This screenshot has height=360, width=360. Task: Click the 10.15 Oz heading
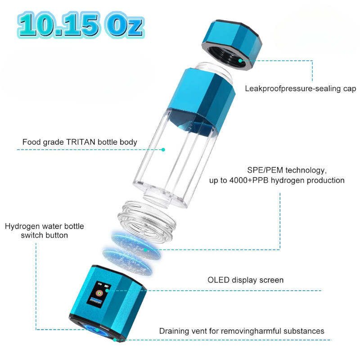(x=81, y=25)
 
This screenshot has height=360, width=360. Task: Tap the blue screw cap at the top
(x=232, y=44)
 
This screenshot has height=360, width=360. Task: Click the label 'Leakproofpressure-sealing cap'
(x=301, y=89)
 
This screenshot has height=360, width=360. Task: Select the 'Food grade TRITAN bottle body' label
(x=80, y=142)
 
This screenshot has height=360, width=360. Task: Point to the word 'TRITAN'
(x=81, y=142)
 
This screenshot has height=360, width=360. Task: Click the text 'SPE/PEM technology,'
(x=287, y=170)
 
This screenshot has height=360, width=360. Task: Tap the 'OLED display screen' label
(x=246, y=280)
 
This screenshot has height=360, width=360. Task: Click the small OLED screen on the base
(x=99, y=293)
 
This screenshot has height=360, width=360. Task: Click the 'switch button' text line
(x=45, y=236)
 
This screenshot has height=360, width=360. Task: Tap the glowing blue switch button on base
(x=97, y=330)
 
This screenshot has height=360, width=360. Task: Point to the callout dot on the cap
(x=240, y=61)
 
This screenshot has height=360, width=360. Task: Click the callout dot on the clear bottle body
(x=163, y=150)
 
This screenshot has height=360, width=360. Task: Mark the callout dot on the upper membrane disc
(x=145, y=250)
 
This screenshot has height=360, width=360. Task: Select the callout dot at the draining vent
(x=115, y=340)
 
